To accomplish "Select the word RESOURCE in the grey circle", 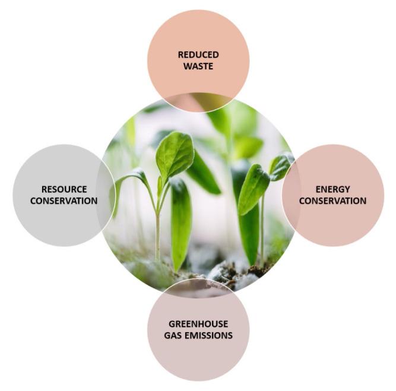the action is coord(64,189).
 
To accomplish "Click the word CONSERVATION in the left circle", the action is coord(64,201).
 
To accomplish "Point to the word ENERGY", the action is coord(332,189).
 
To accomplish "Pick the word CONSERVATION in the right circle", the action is coord(332,201).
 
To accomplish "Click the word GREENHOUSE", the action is coord(198,324).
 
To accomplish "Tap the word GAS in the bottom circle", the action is coord(175,335).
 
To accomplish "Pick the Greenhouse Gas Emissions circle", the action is coord(198,356).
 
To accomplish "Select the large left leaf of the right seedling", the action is coord(253,189).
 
